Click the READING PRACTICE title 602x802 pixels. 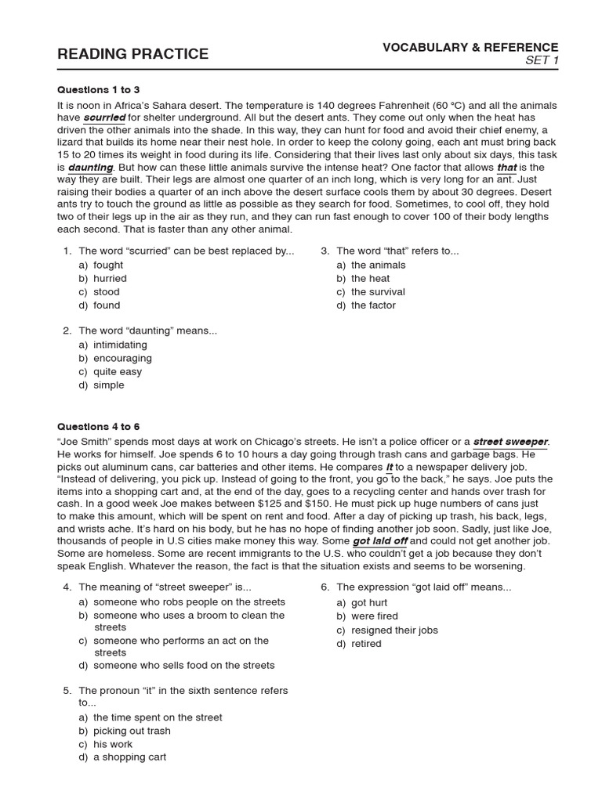tap(132, 54)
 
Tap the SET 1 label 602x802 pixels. tap(542, 62)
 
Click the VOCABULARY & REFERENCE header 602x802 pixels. tap(470, 48)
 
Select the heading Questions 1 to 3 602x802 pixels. tap(99, 90)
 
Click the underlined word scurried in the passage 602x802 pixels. tap(104, 118)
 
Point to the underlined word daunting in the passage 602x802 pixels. tap(91, 168)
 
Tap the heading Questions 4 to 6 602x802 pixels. tap(99, 427)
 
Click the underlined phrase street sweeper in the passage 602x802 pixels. tap(510, 442)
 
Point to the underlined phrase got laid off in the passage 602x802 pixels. tap(380, 541)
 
